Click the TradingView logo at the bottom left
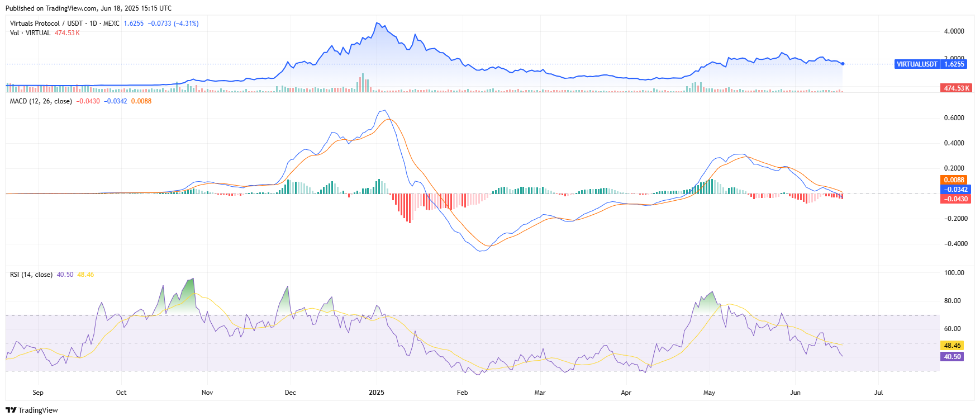pyautogui.click(x=32, y=410)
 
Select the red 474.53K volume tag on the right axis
pyautogui.click(x=957, y=88)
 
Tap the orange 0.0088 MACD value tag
pyautogui.click(x=954, y=180)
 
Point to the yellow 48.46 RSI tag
pyautogui.click(x=952, y=346)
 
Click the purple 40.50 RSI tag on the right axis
pyautogui.click(x=952, y=357)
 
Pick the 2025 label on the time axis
pyautogui.click(x=377, y=393)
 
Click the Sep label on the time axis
pyautogui.click(x=38, y=393)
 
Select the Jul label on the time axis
pyautogui.click(x=878, y=393)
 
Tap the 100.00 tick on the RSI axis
pyautogui.click(x=954, y=273)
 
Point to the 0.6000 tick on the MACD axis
pyautogui.click(x=954, y=118)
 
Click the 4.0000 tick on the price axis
pyautogui.click(x=954, y=31)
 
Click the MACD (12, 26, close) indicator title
pyautogui.click(x=41, y=101)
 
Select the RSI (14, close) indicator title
pyautogui.click(x=31, y=275)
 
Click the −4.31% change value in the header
pyautogui.click(x=186, y=23)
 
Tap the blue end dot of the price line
pyautogui.click(x=843, y=64)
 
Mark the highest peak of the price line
pyautogui.click(x=378, y=23)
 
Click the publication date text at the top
pyautogui.click(x=88, y=8)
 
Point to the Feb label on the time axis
pyautogui.click(x=462, y=393)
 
